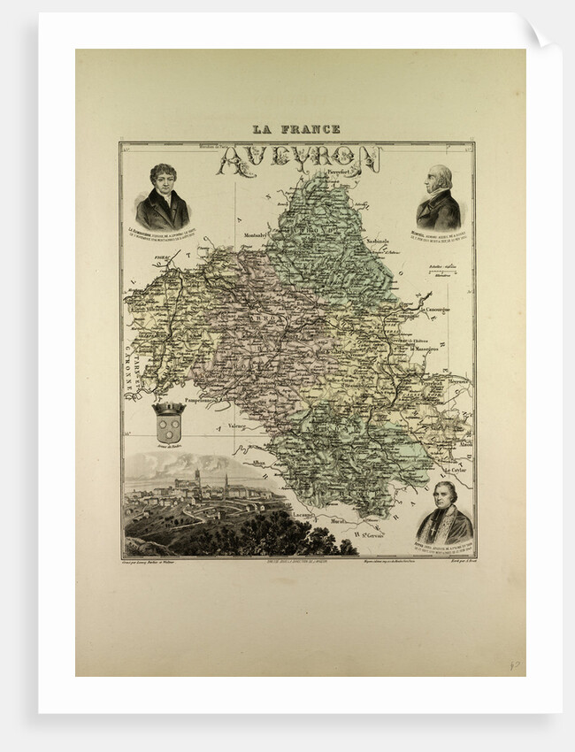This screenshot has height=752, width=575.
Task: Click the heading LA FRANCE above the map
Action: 295,129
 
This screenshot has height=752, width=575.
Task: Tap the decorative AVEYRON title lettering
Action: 299,160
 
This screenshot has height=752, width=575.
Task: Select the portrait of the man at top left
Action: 162,197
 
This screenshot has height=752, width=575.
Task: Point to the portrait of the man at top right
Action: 438,197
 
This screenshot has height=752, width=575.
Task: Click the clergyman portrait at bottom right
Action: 444,514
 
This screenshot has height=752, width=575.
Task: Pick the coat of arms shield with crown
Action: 168,423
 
